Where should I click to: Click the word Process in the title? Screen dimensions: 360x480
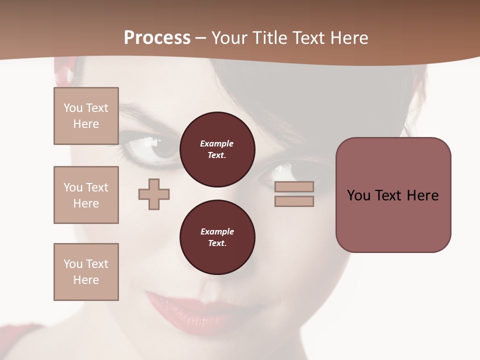(x=157, y=38)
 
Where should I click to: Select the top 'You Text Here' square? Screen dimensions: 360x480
(x=86, y=116)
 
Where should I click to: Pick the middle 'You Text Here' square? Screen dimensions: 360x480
(x=86, y=195)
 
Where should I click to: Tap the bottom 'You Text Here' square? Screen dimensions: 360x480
(x=86, y=272)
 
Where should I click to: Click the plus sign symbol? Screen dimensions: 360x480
(x=154, y=194)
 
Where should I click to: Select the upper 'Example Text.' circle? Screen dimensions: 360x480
(x=217, y=149)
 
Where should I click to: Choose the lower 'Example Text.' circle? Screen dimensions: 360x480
(x=217, y=237)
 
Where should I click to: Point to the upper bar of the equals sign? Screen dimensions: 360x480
(x=294, y=186)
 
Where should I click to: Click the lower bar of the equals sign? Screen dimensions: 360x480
(x=294, y=201)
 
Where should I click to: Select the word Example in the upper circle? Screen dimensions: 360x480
(x=217, y=143)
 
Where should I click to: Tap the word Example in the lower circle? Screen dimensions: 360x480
(x=217, y=231)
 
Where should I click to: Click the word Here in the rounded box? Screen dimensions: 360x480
(x=422, y=195)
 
